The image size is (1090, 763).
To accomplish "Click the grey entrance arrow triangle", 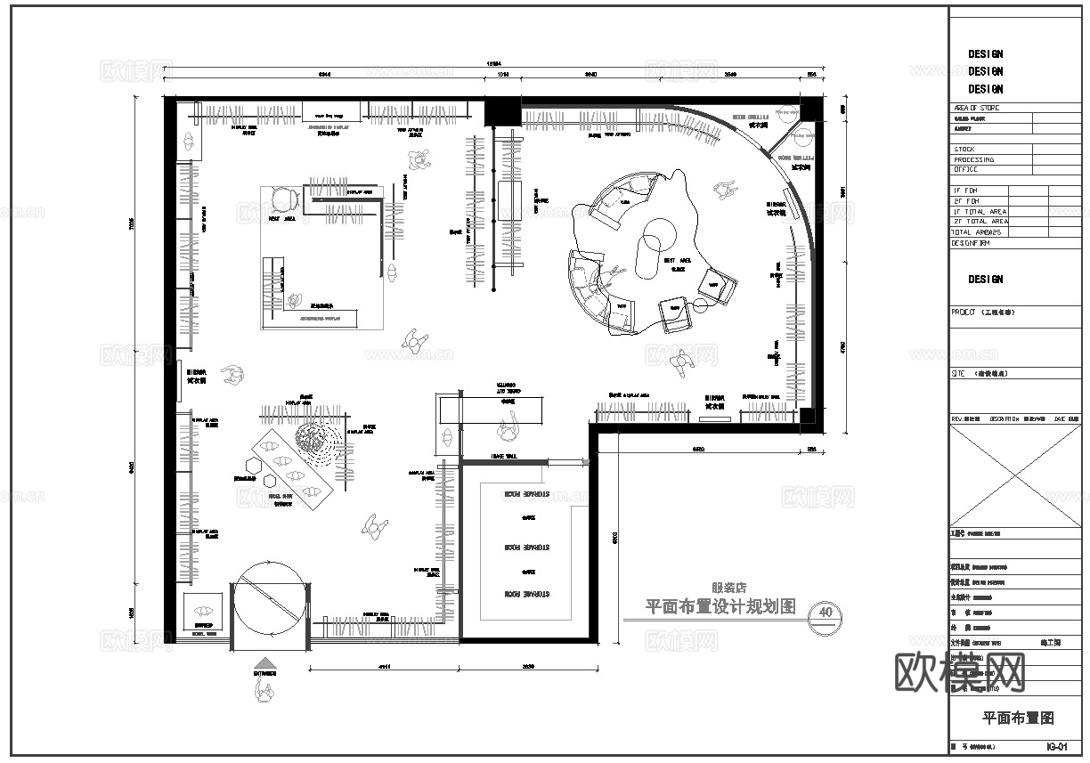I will [264, 662].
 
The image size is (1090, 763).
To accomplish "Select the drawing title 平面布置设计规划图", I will [720, 607].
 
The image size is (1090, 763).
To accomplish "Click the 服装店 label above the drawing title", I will [728, 588].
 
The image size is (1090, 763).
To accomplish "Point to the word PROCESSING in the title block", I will [974, 159].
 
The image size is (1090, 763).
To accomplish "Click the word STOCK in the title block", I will [964, 150].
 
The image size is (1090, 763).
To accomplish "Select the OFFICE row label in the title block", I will [966, 169].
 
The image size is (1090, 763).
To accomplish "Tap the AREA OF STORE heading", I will [976, 108].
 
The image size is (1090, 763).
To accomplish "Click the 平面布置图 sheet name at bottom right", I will [1018, 718].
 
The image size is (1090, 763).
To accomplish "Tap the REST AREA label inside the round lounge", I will [678, 261].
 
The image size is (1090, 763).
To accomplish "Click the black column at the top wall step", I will [502, 112].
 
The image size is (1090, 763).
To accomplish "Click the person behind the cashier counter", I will [509, 429].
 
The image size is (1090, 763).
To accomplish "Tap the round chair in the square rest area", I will [284, 199].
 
